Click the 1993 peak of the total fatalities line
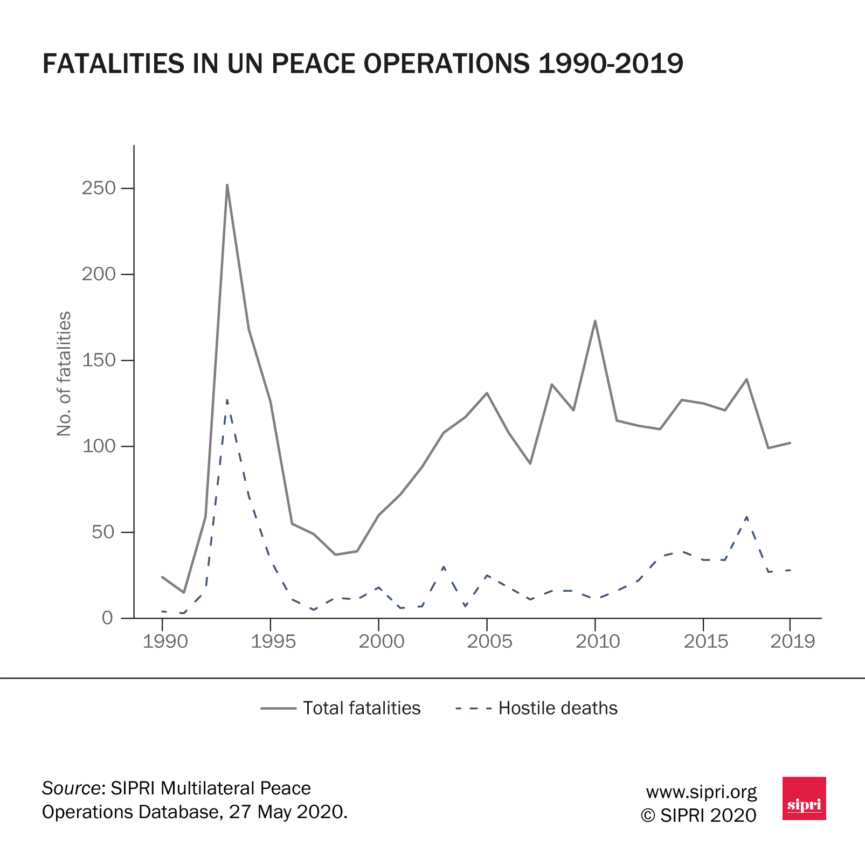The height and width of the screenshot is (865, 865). [x=227, y=185]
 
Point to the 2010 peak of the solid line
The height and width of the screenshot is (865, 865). [x=595, y=321]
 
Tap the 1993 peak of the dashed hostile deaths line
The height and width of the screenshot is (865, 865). [x=227, y=400]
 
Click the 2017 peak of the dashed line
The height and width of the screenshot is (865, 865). [x=746, y=517]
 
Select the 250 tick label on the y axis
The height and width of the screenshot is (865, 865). [x=99, y=188]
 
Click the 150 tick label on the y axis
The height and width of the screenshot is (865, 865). [x=99, y=360]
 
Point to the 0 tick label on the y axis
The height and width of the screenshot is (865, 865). [x=108, y=618]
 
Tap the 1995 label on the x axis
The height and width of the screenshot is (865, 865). [x=273, y=641]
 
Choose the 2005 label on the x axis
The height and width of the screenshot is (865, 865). [x=489, y=641]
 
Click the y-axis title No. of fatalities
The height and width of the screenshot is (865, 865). [x=64, y=373]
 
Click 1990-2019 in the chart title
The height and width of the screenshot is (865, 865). [x=611, y=64]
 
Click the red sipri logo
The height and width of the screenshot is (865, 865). [x=804, y=798]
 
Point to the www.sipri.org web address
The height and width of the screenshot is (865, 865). [x=701, y=792]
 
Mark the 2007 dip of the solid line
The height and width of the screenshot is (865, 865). [x=530, y=463]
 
